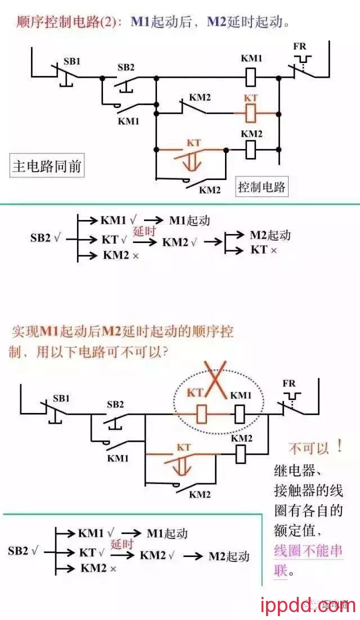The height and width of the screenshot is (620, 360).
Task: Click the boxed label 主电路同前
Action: tap(47, 167)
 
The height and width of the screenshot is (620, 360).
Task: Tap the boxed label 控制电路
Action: tap(262, 187)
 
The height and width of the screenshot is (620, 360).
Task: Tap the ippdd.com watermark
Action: tap(309, 605)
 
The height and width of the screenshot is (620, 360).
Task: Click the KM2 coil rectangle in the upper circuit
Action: tap(251, 149)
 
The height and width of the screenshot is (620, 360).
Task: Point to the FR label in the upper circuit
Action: tap(300, 46)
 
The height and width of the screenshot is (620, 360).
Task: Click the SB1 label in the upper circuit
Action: tap(71, 61)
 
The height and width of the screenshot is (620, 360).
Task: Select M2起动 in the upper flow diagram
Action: tap(270, 235)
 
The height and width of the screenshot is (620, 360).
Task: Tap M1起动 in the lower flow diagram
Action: tap(167, 533)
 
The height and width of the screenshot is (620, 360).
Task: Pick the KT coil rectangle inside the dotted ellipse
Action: tap(203, 415)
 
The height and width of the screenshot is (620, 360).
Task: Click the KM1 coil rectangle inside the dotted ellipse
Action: tap(238, 415)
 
